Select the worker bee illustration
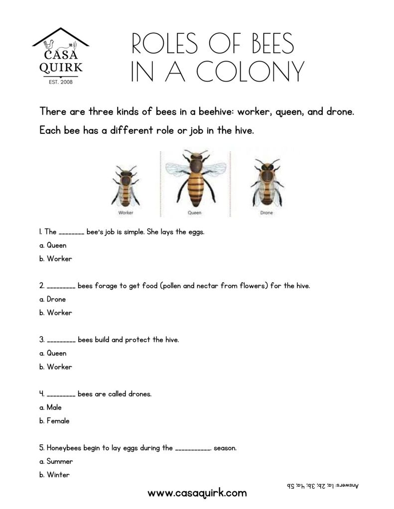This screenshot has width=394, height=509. (x=126, y=184)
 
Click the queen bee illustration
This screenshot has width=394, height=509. (x=193, y=179)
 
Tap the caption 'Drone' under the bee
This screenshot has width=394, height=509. (x=266, y=212)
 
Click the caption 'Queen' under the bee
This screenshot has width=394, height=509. (x=194, y=212)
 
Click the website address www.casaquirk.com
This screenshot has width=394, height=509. (x=197, y=493)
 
